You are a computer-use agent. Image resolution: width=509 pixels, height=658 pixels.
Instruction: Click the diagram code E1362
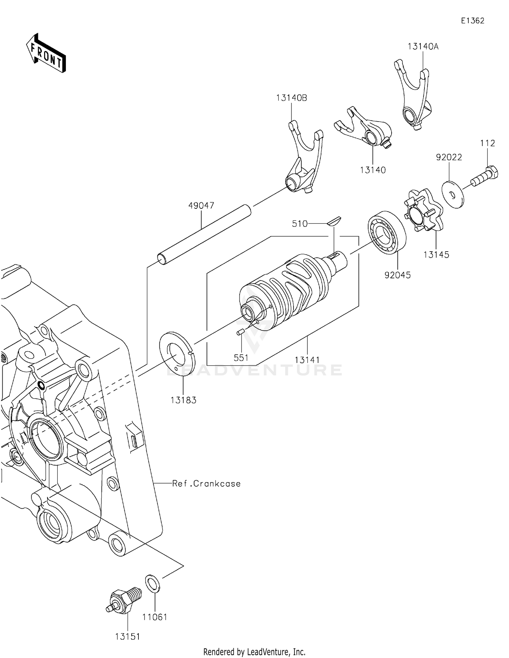click(472, 21)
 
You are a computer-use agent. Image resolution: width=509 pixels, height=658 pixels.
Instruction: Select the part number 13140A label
click(423, 47)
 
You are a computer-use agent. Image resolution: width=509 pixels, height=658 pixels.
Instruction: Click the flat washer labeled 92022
click(453, 194)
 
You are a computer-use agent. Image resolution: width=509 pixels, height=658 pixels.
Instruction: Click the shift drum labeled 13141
click(285, 292)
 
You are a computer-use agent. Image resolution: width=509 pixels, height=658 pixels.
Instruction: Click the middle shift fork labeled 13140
click(365, 129)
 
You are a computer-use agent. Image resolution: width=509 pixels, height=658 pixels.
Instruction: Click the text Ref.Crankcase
click(206, 483)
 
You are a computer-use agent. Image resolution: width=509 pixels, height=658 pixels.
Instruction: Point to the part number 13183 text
click(183, 400)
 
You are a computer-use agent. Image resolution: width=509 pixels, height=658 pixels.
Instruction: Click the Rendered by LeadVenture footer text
click(254, 652)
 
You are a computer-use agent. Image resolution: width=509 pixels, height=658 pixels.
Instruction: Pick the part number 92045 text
click(397, 275)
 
